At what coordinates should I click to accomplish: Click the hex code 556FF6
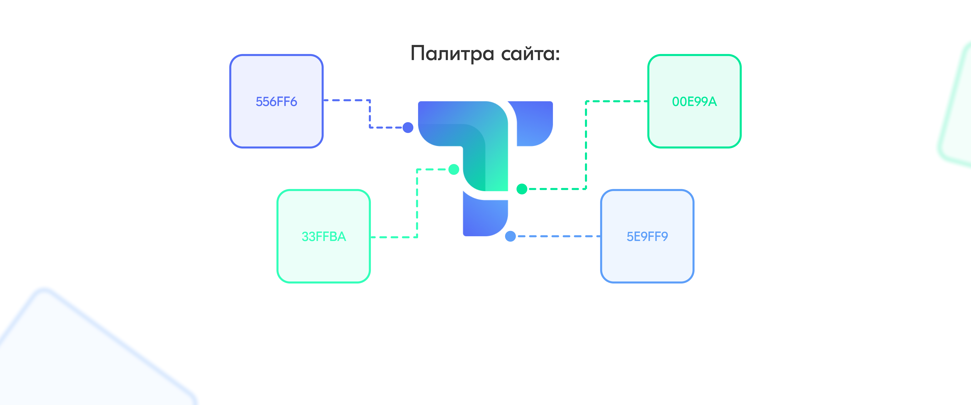coord(276,102)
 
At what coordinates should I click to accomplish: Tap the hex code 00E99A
coord(694,102)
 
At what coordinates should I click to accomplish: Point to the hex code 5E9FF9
coord(647,237)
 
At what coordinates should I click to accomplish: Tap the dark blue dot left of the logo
coord(408,128)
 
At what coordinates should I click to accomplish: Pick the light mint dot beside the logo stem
coord(454,169)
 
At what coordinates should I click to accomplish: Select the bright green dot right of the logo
coord(522,189)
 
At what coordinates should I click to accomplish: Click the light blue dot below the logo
coord(510,236)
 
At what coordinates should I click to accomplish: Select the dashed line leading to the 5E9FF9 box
coord(558,236)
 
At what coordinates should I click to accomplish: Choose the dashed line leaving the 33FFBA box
coord(394,237)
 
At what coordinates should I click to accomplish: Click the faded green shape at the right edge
coord(958,113)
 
